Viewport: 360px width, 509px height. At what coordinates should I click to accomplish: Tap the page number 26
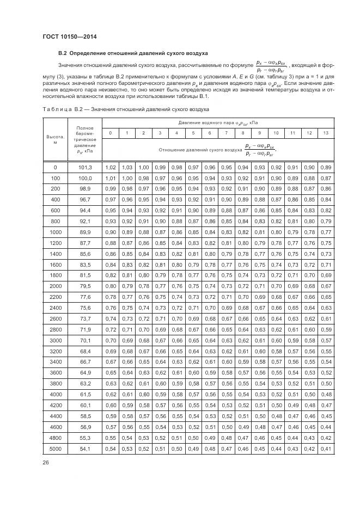click(45, 464)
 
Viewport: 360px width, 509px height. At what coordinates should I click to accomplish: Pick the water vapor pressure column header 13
click(326, 133)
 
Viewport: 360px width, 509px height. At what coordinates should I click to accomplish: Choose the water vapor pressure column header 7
click(227, 133)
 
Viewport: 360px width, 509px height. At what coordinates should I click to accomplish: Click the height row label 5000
click(55, 449)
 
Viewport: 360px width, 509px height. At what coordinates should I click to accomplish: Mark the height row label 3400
click(55, 362)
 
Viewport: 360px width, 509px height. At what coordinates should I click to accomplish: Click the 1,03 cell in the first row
click(127, 167)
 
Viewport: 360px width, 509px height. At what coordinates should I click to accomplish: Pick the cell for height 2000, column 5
click(193, 286)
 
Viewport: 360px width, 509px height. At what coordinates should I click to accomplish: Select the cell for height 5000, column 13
click(326, 449)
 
